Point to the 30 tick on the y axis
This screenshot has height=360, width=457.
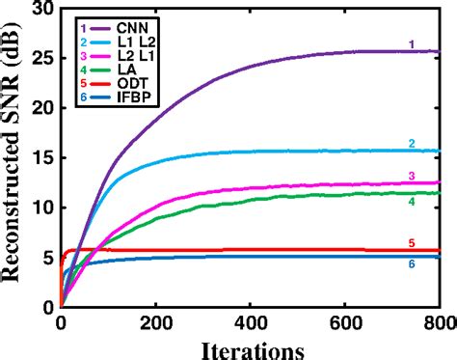(x=42, y=9)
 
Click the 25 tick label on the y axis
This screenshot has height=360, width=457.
(x=42, y=58)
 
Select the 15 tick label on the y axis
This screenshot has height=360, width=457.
(x=42, y=157)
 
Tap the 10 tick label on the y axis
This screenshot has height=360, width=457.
(x=42, y=208)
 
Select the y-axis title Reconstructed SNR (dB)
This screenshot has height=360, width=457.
(x=13, y=159)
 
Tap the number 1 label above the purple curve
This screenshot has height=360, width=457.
(x=411, y=43)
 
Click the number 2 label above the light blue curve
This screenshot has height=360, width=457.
(x=411, y=143)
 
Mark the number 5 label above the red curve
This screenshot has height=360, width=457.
(x=411, y=243)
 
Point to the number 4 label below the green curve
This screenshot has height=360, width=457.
(x=411, y=202)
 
